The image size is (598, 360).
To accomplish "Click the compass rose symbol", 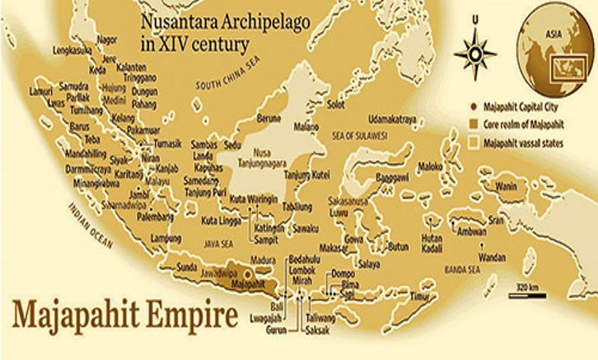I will [475, 49].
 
